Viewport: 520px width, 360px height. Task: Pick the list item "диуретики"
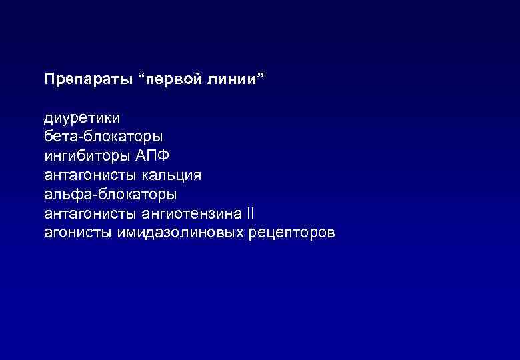point(82,118)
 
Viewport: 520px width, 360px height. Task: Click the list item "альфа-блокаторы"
point(111,195)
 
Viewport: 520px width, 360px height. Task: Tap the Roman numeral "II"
point(250,215)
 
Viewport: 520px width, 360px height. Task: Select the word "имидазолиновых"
point(176,234)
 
